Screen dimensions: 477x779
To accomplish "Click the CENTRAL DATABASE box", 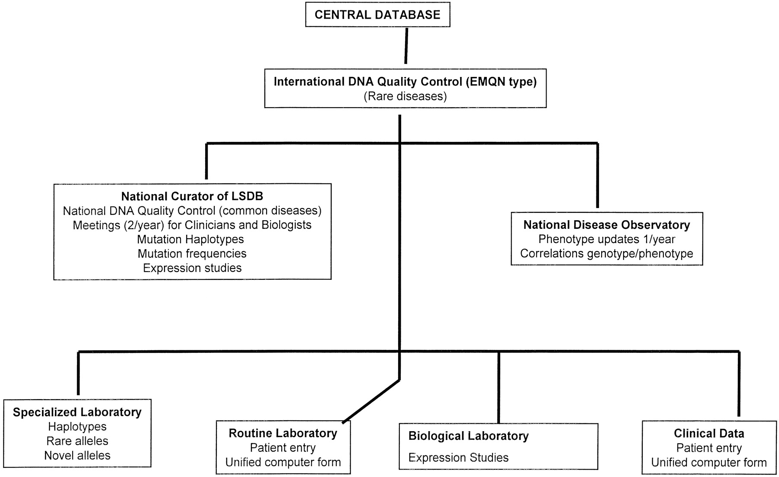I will tap(377, 15).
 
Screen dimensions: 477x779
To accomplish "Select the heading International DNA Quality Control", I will tap(405, 82).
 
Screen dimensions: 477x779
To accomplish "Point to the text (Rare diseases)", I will tap(405, 96).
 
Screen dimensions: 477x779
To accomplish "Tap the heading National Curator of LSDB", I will tap(192, 196).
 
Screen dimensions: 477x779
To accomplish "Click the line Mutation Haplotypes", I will tap(190, 239).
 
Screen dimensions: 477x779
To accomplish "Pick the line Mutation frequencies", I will tap(192, 253).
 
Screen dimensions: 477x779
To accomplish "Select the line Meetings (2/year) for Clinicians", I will tap(192, 225).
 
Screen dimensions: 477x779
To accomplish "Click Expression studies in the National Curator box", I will tap(192, 268).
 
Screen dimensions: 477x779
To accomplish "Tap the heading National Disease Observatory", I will tap(607, 225).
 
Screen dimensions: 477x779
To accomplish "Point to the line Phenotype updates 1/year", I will tap(607, 239).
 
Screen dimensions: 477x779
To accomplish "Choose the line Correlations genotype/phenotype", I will tap(607, 253).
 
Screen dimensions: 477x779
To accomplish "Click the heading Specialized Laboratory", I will tap(77, 412).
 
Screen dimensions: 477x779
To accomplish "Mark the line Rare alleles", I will tap(77, 441).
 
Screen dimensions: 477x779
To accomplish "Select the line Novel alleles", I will tap(77, 455).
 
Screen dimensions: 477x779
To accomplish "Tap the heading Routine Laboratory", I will tap(283, 433).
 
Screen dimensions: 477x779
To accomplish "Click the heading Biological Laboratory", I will tap(468, 436).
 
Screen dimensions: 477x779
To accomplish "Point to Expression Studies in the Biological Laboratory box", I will tap(458, 458).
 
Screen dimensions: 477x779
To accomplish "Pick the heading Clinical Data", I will tap(709, 433).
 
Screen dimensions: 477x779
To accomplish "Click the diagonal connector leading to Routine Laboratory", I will tap(371, 401).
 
